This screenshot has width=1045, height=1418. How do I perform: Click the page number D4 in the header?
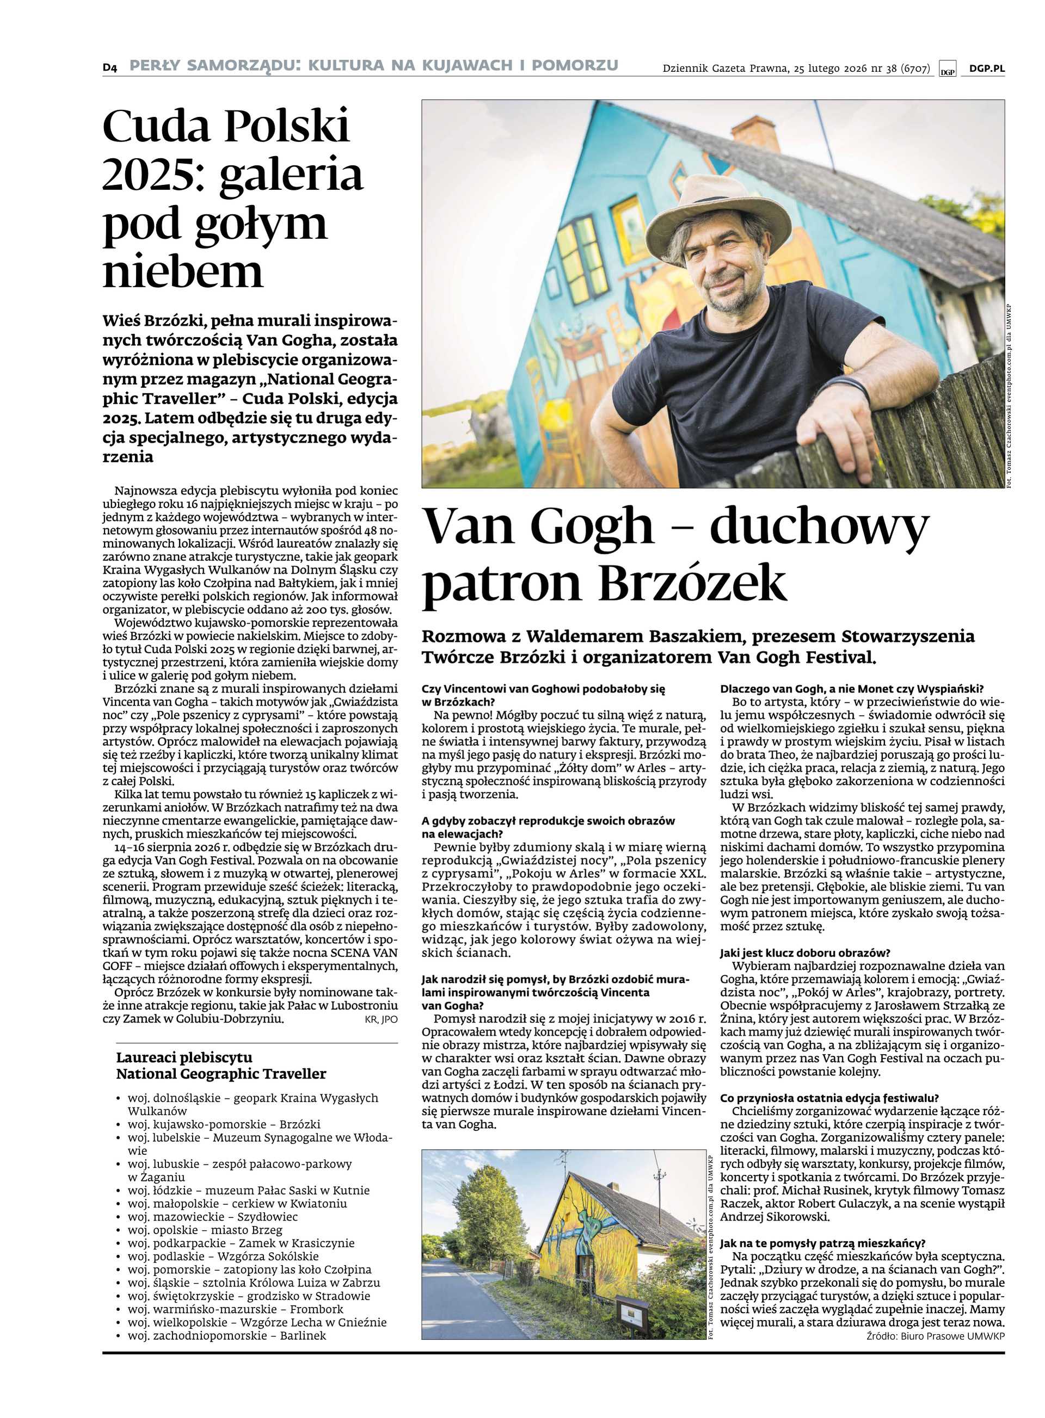110,67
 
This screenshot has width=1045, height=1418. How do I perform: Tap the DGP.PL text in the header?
986,69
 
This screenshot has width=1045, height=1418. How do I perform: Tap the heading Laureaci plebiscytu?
184,1057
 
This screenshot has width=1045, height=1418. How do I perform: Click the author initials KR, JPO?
381,1020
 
